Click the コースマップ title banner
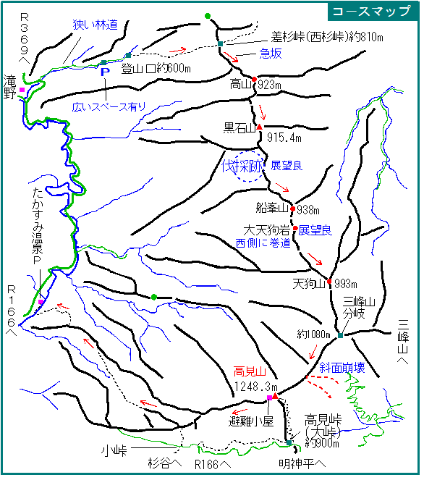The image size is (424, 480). [373, 12]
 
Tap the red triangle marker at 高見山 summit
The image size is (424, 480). [276, 397]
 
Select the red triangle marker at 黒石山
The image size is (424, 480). [260, 127]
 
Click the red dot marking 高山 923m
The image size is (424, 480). [254, 80]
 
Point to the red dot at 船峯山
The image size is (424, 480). [293, 209]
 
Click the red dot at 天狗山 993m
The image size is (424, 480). [329, 282]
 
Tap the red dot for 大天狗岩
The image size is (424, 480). [295, 228]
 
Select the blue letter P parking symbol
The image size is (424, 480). [105, 72]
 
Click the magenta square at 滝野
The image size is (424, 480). [22, 90]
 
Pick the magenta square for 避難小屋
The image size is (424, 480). [269, 398]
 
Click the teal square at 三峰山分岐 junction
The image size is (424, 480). [341, 336]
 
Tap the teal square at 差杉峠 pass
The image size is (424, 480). [220, 44]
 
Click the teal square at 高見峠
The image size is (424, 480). [289, 443]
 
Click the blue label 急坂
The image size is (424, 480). [271, 54]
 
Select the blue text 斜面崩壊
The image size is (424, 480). [342, 368]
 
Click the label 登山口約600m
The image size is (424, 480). [156, 69]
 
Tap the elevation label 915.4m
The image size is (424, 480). [284, 138]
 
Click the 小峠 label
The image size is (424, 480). [114, 450]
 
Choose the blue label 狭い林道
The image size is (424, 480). [95, 25]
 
